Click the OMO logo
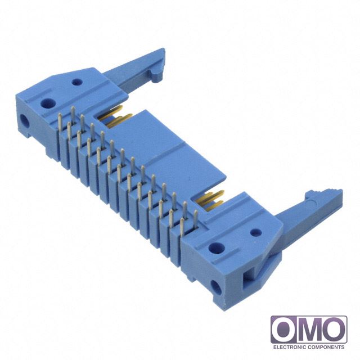tap(309, 332)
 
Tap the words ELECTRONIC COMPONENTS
tap(309, 346)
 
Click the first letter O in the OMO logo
tap(284, 331)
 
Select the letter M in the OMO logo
tap(309, 331)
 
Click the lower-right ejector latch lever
tap(305, 227)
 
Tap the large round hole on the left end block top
tap(48, 103)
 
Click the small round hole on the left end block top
tap(77, 82)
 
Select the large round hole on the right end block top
tap(217, 247)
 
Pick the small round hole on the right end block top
tap(256, 233)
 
